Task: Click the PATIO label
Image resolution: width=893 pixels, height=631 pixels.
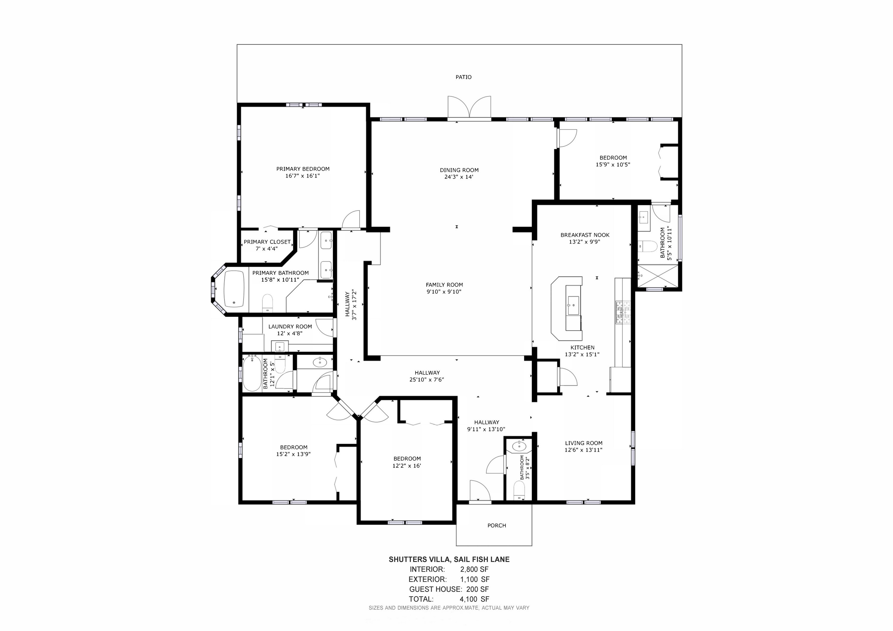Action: pyautogui.click(x=463, y=77)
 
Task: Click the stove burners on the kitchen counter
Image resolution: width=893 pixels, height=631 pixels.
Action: pyautogui.click(x=623, y=312)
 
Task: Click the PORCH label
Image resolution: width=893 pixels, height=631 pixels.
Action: pyautogui.click(x=497, y=525)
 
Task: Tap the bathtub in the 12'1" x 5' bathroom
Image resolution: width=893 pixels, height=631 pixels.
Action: pyautogui.click(x=252, y=373)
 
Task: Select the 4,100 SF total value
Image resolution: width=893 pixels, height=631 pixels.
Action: pyautogui.click(x=474, y=599)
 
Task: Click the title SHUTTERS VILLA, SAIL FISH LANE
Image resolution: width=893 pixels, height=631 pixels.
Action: pyautogui.click(x=449, y=560)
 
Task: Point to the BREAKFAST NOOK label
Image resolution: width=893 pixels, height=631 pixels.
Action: pyautogui.click(x=585, y=235)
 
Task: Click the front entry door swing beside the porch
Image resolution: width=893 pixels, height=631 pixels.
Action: pyautogui.click(x=479, y=492)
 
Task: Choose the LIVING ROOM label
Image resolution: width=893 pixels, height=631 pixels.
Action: pyautogui.click(x=583, y=443)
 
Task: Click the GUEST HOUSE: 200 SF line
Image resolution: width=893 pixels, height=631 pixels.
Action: pyautogui.click(x=449, y=589)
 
